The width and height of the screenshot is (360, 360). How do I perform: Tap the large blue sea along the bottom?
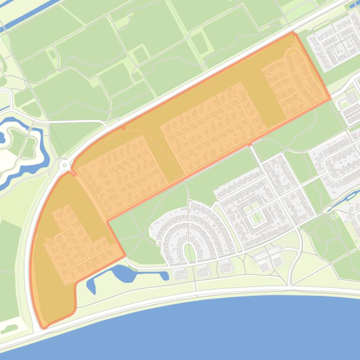[x=211, y=332]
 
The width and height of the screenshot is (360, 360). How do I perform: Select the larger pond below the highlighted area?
[x=124, y=273]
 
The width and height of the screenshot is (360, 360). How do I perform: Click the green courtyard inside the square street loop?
[x=255, y=218]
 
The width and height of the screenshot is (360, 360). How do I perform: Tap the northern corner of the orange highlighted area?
[x=294, y=33]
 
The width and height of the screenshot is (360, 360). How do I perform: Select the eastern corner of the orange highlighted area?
[x=330, y=98]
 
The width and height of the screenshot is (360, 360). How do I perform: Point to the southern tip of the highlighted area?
[x=43, y=328]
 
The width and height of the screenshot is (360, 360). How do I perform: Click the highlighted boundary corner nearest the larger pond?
[x=125, y=256]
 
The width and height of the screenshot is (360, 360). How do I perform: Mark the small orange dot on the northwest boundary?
[x=123, y=127]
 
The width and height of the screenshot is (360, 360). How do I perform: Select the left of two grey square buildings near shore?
[x=265, y=267]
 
